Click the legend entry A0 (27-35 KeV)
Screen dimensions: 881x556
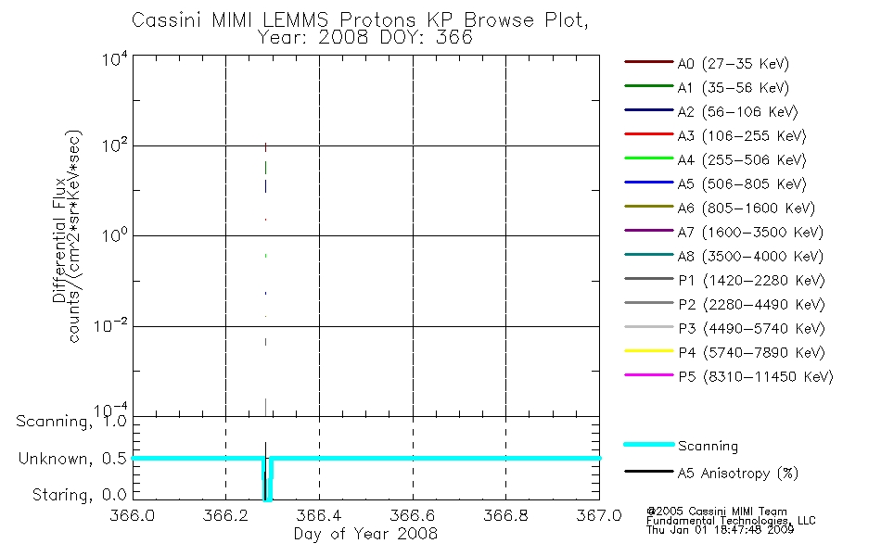point(734,63)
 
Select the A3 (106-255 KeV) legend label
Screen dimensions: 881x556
point(742,136)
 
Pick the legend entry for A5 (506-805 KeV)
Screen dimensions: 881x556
point(742,184)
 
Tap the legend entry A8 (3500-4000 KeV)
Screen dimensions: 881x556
point(750,257)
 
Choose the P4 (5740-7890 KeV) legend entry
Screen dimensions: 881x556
point(751,353)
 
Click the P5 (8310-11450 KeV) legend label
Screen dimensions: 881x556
point(756,377)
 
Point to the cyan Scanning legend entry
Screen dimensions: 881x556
point(708,446)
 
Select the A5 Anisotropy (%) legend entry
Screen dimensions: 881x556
point(738,474)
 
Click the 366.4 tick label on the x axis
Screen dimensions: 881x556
point(319,515)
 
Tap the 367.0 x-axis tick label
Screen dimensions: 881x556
point(599,515)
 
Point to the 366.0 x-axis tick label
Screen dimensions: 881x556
point(132,515)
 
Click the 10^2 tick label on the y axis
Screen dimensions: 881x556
point(115,146)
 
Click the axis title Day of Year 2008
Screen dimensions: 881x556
point(365,534)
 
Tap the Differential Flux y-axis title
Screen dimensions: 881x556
point(59,240)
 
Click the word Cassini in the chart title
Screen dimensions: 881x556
point(166,20)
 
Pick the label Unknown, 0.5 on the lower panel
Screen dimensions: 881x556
point(72,459)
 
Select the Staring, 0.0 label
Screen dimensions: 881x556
point(80,495)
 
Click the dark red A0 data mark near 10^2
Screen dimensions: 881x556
point(266,147)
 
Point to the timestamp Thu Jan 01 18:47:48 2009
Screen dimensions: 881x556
point(720,530)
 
